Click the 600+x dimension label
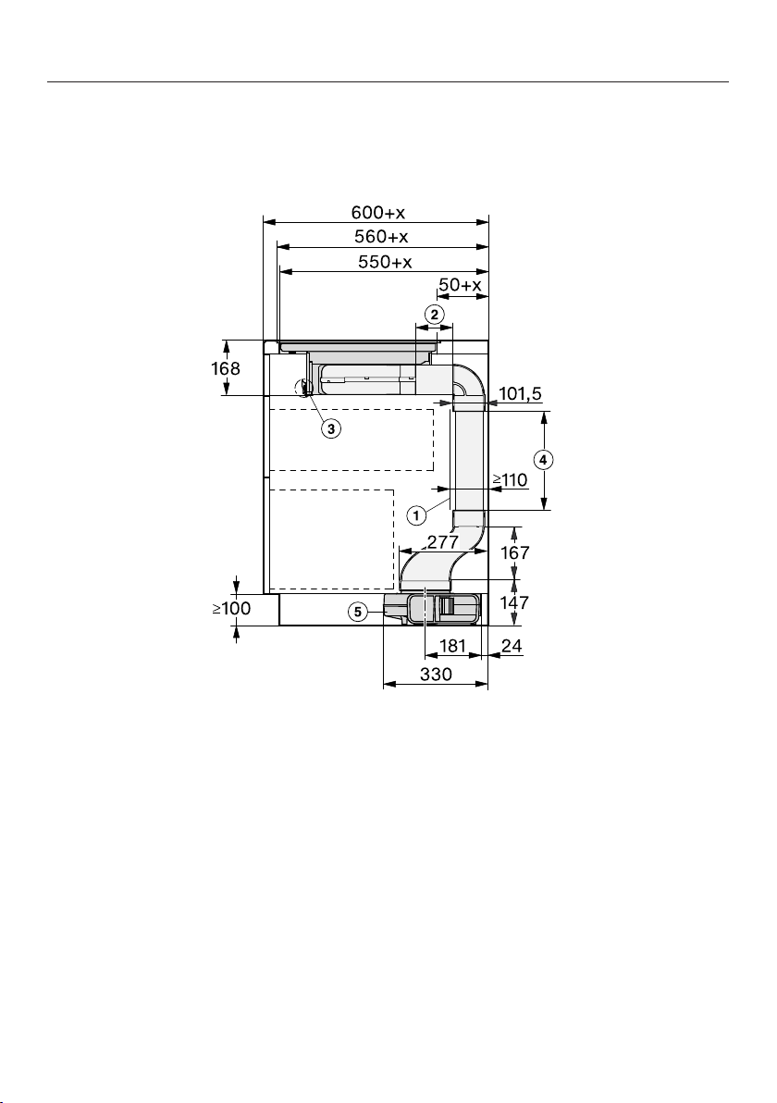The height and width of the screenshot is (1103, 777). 378,212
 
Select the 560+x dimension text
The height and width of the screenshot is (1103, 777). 381,236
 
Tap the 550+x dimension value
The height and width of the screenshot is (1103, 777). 385,262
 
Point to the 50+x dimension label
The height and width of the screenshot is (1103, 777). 460,285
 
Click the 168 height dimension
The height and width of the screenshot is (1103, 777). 226,368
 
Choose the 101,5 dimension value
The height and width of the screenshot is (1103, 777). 520,394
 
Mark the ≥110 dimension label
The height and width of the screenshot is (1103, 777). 510,479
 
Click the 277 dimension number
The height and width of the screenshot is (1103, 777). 443,542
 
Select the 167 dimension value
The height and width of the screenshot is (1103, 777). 514,553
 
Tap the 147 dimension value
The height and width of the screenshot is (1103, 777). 514,602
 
